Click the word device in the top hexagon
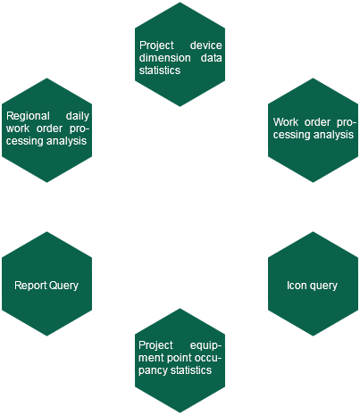(205, 46)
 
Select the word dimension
(164, 57)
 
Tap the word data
(211, 57)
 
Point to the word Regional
(28, 116)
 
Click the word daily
(78, 116)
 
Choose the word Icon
(297, 286)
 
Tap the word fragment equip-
(205, 345)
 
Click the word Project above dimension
(156, 46)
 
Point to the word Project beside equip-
(155, 345)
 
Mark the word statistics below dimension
(160, 71)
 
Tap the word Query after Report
(63, 286)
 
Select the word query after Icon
(323, 286)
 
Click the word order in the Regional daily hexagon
(49, 129)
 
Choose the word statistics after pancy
(191, 370)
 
